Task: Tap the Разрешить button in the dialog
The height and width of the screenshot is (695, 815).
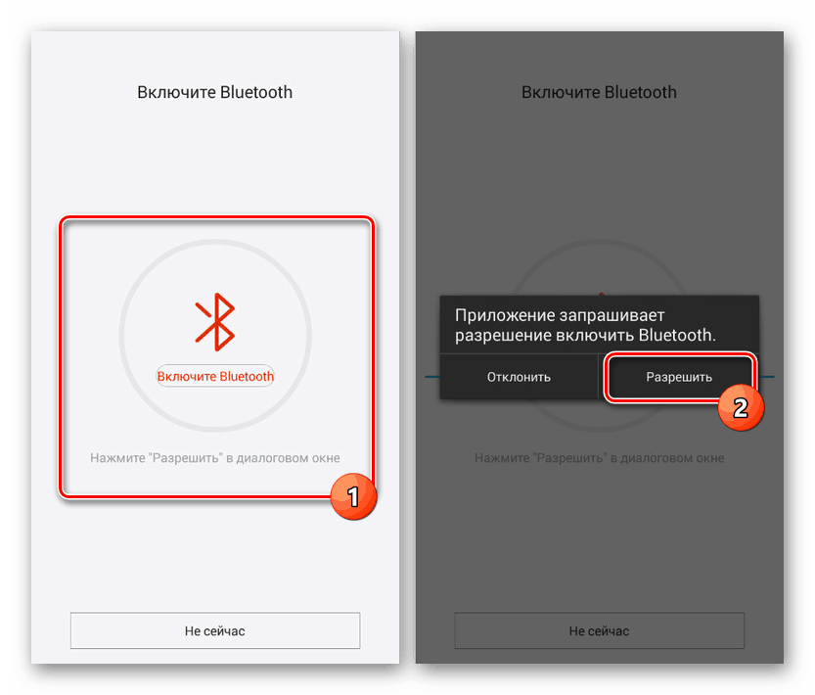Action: click(x=679, y=377)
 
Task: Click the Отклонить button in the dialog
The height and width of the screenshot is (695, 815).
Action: click(x=519, y=377)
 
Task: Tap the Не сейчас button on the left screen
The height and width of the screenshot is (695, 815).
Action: click(x=215, y=631)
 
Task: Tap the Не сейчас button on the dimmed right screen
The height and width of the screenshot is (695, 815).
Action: click(x=600, y=631)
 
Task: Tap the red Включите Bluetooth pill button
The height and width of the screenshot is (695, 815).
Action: click(x=215, y=376)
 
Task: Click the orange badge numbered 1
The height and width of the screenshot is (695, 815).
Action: click(x=352, y=497)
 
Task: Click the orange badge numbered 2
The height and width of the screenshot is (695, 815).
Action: click(x=740, y=406)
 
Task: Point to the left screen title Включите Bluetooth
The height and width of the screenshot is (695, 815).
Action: click(x=215, y=93)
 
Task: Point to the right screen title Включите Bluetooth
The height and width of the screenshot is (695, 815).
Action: click(x=600, y=93)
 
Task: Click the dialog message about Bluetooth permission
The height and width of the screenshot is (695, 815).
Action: click(x=585, y=325)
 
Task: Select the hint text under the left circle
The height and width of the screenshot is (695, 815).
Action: click(x=215, y=458)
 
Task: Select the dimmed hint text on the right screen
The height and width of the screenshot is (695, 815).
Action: click(x=600, y=458)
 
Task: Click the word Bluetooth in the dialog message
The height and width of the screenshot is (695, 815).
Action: click(x=676, y=335)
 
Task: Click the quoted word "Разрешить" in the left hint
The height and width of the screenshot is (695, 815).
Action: click(x=182, y=458)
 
